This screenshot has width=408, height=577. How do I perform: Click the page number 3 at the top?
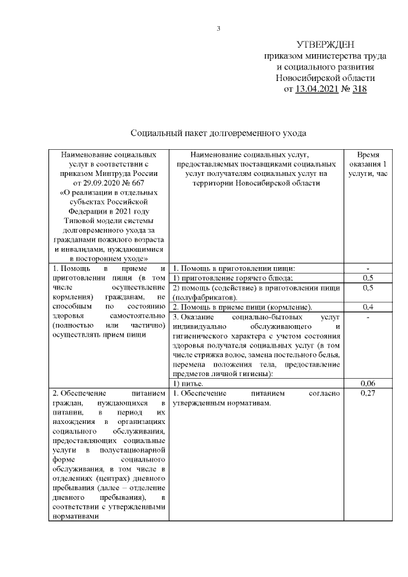pyautogui.click(x=218, y=27)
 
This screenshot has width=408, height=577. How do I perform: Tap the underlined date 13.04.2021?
pyautogui.click(x=317, y=89)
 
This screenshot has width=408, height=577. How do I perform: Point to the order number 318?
pyautogui.click(x=359, y=89)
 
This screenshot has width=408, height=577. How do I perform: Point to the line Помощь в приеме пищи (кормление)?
pyautogui.click(x=242, y=307)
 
